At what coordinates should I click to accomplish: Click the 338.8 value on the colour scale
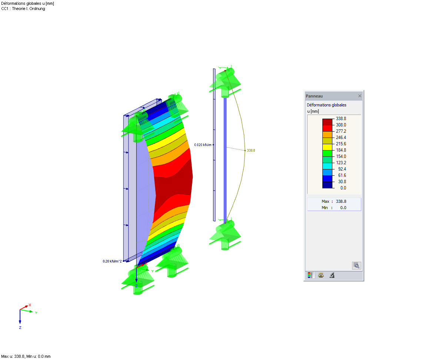coord(341,119)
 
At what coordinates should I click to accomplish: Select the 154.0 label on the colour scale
coord(341,156)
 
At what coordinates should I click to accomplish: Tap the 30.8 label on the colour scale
coord(342,182)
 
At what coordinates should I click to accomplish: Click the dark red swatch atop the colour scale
coord(327,122)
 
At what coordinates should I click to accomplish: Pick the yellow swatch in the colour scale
coord(327,147)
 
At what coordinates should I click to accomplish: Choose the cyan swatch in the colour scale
coord(327,166)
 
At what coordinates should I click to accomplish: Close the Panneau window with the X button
coord(360,96)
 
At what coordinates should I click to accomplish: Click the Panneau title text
coord(314,96)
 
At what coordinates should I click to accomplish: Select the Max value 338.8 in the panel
coord(341,201)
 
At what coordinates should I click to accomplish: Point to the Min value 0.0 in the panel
coord(343,208)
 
